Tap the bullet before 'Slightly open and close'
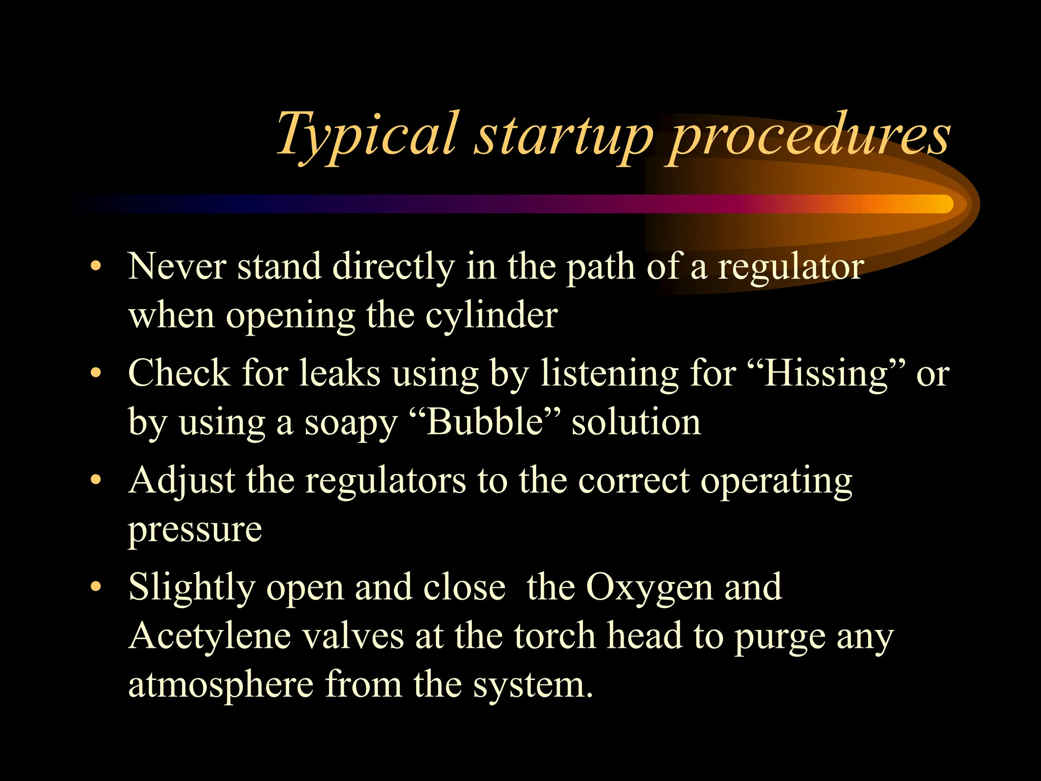pos(95,587)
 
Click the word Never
pos(177,266)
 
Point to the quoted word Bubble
pos(485,422)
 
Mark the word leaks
pos(340,373)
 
